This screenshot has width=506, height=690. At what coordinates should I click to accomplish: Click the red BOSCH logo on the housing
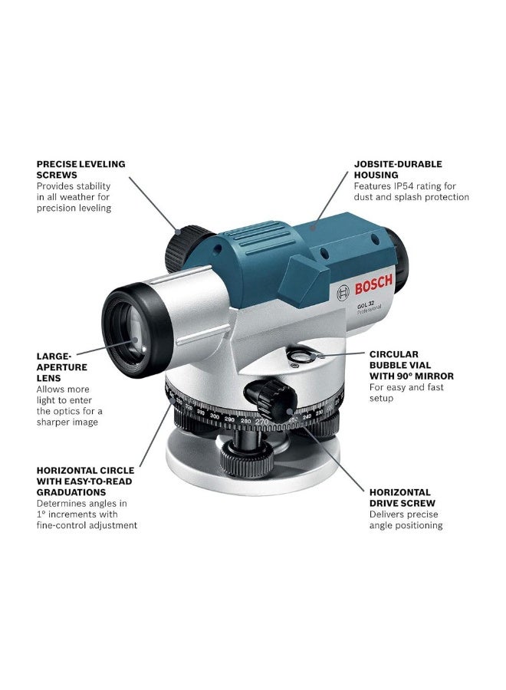(373, 286)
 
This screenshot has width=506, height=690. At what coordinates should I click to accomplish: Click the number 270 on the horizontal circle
(262, 422)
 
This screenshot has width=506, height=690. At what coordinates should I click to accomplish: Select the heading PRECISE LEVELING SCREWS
(80, 169)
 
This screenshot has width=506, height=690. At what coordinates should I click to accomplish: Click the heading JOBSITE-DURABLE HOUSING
(398, 169)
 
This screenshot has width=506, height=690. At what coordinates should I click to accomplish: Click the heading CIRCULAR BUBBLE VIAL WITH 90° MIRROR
(411, 365)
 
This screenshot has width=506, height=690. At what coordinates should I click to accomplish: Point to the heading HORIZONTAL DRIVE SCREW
(399, 498)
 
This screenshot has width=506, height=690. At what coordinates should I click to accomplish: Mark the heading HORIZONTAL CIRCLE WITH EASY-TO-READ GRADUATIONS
(85, 481)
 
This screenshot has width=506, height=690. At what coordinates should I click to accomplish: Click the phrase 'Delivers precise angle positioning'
(406, 520)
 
